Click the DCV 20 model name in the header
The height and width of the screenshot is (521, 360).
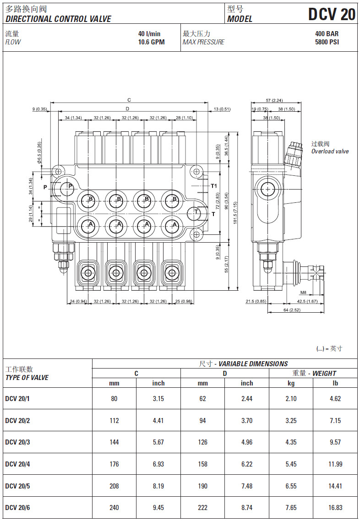pyautogui.click(x=331, y=14)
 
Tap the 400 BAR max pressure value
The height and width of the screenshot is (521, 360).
pyautogui.click(x=327, y=34)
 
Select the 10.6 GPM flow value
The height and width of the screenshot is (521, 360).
pyautogui.click(x=151, y=42)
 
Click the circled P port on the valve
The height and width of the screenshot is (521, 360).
pyautogui.click(x=70, y=186)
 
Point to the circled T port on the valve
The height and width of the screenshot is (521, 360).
pyautogui.click(x=196, y=212)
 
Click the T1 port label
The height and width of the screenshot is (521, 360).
pyautogui.click(x=213, y=186)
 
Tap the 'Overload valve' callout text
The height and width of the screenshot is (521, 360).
pyautogui.click(x=330, y=152)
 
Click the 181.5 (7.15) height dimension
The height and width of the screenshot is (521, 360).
pyautogui.click(x=235, y=211)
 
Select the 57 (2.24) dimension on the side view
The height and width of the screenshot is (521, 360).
pyautogui.click(x=274, y=100)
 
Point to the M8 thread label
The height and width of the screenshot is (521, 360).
pyautogui.click(x=303, y=293)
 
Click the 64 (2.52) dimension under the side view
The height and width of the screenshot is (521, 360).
pyautogui.click(x=292, y=310)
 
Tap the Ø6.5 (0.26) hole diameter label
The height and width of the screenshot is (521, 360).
pyautogui.click(x=40, y=152)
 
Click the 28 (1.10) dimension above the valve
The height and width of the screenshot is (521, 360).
pyautogui.click(x=184, y=118)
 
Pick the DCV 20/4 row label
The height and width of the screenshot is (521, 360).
pyautogui.click(x=17, y=464)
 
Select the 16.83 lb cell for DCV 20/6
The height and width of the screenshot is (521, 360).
pyautogui.click(x=335, y=508)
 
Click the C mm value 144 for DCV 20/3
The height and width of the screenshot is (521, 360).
pyautogui.click(x=114, y=442)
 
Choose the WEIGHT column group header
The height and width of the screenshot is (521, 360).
pyautogui.click(x=314, y=374)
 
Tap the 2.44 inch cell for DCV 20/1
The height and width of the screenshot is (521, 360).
pyautogui.click(x=247, y=399)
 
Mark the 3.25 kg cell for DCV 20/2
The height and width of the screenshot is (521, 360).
pyautogui.click(x=291, y=421)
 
